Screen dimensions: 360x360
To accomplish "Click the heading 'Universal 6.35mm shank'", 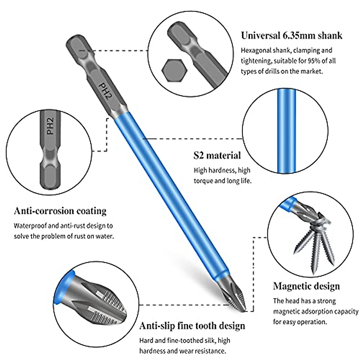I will click(x=292, y=35).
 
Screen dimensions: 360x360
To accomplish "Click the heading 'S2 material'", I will click(x=217, y=155).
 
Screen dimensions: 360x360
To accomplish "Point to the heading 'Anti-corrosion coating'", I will click(x=60, y=211).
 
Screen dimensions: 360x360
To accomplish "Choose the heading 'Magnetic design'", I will click(x=306, y=286).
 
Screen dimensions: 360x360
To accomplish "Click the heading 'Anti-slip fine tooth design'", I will click(x=192, y=326).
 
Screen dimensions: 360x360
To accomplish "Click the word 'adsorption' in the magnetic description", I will click(x=317, y=311).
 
